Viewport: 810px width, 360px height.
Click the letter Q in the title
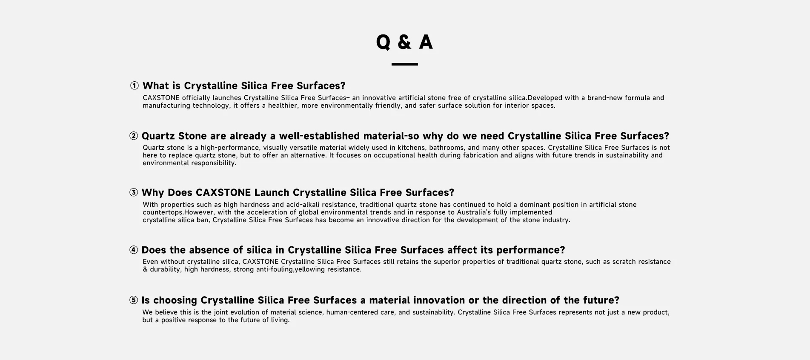pyautogui.click(x=383, y=42)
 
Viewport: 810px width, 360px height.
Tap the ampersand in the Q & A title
pyautogui.click(x=404, y=42)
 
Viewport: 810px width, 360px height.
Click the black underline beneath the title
pyautogui.click(x=404, y=64)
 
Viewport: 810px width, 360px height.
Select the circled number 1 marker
pyautogui.click(x=135, y=86)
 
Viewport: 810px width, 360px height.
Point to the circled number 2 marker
pyautogui.click(x=134, y=136)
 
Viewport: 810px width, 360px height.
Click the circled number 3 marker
pyautogui.click(x=134, y=193)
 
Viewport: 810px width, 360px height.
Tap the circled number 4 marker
pyautogui.click(x=134, y=250)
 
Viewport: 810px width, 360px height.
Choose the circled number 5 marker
pyautogui.click(x=134, y=300)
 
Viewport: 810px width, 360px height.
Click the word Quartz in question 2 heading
pyautogui.click(x=158, y=136)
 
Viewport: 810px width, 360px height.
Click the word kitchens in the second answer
pyautogui.click(x=412, y=148)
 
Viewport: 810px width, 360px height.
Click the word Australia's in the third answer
pyautogui.click(x=474, y=212)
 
